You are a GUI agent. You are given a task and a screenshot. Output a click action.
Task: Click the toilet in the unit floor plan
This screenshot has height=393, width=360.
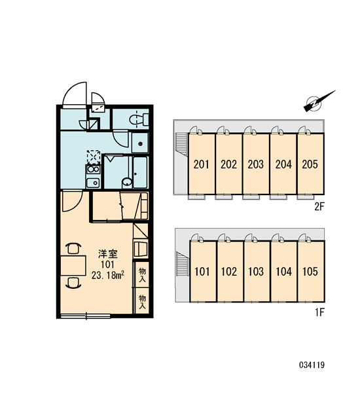point(139,120)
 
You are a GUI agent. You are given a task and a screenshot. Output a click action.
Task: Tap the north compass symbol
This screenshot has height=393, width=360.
point(319,102)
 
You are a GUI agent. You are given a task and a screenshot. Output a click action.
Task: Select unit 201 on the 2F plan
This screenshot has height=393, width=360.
point(202,164)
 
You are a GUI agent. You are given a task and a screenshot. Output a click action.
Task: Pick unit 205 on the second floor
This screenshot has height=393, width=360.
point(310,164)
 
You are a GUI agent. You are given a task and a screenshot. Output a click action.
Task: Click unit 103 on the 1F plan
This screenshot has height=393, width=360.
point(256,271)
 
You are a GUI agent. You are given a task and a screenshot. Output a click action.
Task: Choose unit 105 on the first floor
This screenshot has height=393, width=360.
point(311,271)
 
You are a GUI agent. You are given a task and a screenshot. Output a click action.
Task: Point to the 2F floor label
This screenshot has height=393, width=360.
point(319,207)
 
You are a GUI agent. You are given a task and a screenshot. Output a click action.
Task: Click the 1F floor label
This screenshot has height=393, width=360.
point(320,312)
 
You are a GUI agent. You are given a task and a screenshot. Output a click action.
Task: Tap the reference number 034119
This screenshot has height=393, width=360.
point(312,365)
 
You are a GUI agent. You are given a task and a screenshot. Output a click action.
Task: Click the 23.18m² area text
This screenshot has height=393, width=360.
point(108,276)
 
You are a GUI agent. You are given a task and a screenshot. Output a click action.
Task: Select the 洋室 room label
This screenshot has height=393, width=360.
point(108,254)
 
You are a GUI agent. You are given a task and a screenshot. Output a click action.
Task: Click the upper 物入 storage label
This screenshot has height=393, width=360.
point(142,274)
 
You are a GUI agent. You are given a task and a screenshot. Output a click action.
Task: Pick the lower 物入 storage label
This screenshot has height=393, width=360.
point(142,302)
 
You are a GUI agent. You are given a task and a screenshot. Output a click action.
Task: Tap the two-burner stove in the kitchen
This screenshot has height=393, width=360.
point(93,170)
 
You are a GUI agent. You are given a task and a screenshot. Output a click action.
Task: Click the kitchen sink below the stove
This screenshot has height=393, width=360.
point(93,183)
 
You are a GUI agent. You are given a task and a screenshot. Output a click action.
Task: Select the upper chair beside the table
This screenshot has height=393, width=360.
point(73,249)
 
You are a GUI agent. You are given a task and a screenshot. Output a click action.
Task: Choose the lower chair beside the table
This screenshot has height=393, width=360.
point(73,283)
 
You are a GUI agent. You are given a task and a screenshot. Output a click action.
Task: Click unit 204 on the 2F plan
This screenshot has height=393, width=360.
point(283,164)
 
